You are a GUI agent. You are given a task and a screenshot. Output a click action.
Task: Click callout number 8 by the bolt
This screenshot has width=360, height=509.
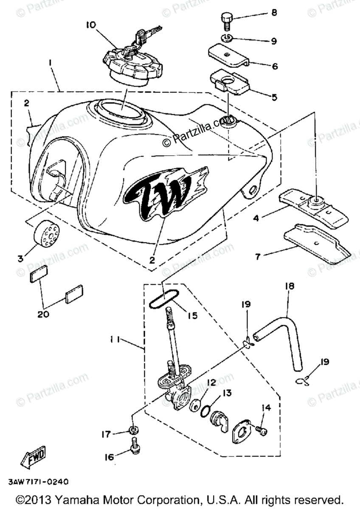(274, 13)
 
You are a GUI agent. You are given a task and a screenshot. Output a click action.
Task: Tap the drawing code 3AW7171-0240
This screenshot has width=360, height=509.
(38, 482)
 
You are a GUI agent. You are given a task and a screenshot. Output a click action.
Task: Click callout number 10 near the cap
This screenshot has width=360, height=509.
(90, 25)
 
